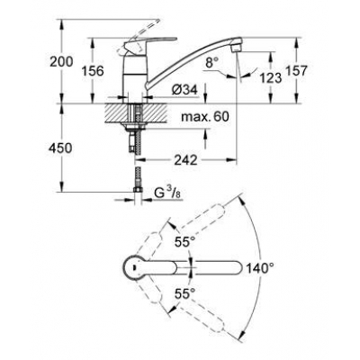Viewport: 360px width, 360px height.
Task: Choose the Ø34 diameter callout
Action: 184,87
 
